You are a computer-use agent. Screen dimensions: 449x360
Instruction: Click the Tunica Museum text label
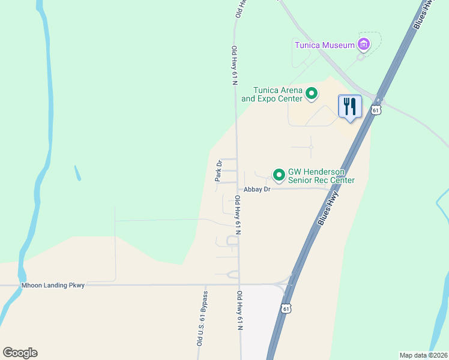(324, 44)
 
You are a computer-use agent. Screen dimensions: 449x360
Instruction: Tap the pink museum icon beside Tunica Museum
(363, 44)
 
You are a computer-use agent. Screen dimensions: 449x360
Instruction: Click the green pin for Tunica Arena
(312, 93)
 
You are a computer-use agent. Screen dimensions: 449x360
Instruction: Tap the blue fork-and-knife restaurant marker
(350, 107)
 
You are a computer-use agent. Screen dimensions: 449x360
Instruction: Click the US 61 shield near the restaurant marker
(376, 110)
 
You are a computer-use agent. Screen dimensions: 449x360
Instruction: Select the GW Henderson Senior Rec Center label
(321, 176)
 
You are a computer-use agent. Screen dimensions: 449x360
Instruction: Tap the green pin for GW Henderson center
(279, 175)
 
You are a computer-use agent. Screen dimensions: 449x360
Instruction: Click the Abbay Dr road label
(258, 189)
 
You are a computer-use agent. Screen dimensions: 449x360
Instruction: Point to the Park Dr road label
(219, 171)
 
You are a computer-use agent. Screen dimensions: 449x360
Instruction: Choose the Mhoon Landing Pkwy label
(53, 286)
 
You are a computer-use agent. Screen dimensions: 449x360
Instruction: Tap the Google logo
(20, 353)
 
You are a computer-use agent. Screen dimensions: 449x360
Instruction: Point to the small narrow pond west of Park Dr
(77, 173)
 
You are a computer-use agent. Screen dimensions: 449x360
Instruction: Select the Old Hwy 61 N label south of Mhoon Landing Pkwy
(240, 311)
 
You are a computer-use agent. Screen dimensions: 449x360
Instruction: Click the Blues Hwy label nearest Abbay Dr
(328, 208)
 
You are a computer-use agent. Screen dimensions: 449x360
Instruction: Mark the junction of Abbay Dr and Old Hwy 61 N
(238, 189)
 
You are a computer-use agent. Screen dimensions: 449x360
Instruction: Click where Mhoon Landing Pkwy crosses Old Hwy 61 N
(240, 284)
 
